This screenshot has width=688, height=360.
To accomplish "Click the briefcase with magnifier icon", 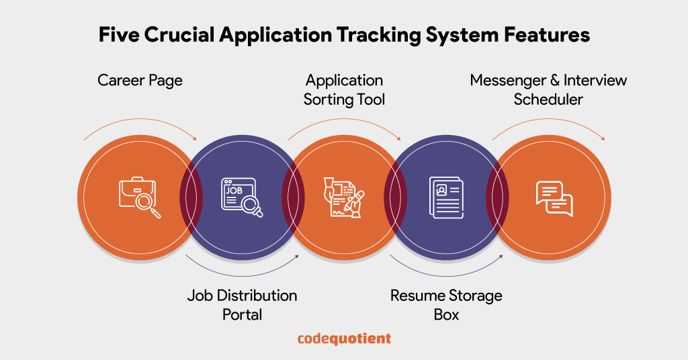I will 140,197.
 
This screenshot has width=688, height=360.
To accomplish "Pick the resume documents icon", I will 446,197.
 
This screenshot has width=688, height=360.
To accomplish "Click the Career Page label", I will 140,81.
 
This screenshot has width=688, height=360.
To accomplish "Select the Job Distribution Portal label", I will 242,304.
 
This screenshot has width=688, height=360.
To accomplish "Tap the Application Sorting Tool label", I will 344,90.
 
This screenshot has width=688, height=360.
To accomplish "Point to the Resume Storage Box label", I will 446,304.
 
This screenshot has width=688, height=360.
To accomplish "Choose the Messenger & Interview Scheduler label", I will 548,90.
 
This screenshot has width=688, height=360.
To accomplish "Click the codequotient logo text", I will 344,339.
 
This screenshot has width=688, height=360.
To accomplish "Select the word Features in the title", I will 545,35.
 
